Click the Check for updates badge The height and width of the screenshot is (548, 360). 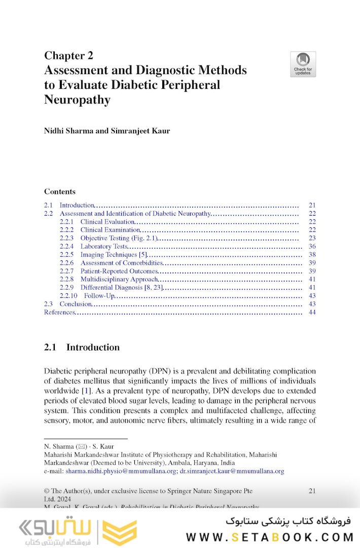pyautogui.click(x=303, y=64)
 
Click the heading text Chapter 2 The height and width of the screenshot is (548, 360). pyautogui.click(x=68, y=55)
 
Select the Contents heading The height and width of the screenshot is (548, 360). pyautogui.click(x=60, y=192)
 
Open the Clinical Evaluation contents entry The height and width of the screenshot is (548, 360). pyautogui.click(x=107, y=222)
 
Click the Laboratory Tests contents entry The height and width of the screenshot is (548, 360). pyautogui.click(x=104, y=247)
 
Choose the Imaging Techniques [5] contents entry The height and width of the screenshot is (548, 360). pyautogui.click(x=114, y=255)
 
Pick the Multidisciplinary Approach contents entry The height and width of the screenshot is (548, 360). pyautogui.click(x=119, y=279)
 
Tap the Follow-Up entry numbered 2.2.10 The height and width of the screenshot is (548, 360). pyautogui.click(x=99, y=296)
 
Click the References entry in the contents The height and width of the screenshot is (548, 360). pyautogui.click(x=59, y=312)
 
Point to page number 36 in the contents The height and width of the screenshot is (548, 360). pyautogui.click(x=312, y=247)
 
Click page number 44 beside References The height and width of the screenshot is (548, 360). pyautogui.click(x=312, y=312)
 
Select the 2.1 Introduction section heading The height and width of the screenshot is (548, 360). pyautogui.click(x=82, y=348)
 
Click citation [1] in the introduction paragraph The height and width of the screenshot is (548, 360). pyautogui.click(x=86, y=391)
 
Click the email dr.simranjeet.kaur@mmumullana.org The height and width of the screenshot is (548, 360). pyautogui.click(x=232, y=471)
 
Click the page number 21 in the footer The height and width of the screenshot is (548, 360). pyautogui.click(x=312, y=491)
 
